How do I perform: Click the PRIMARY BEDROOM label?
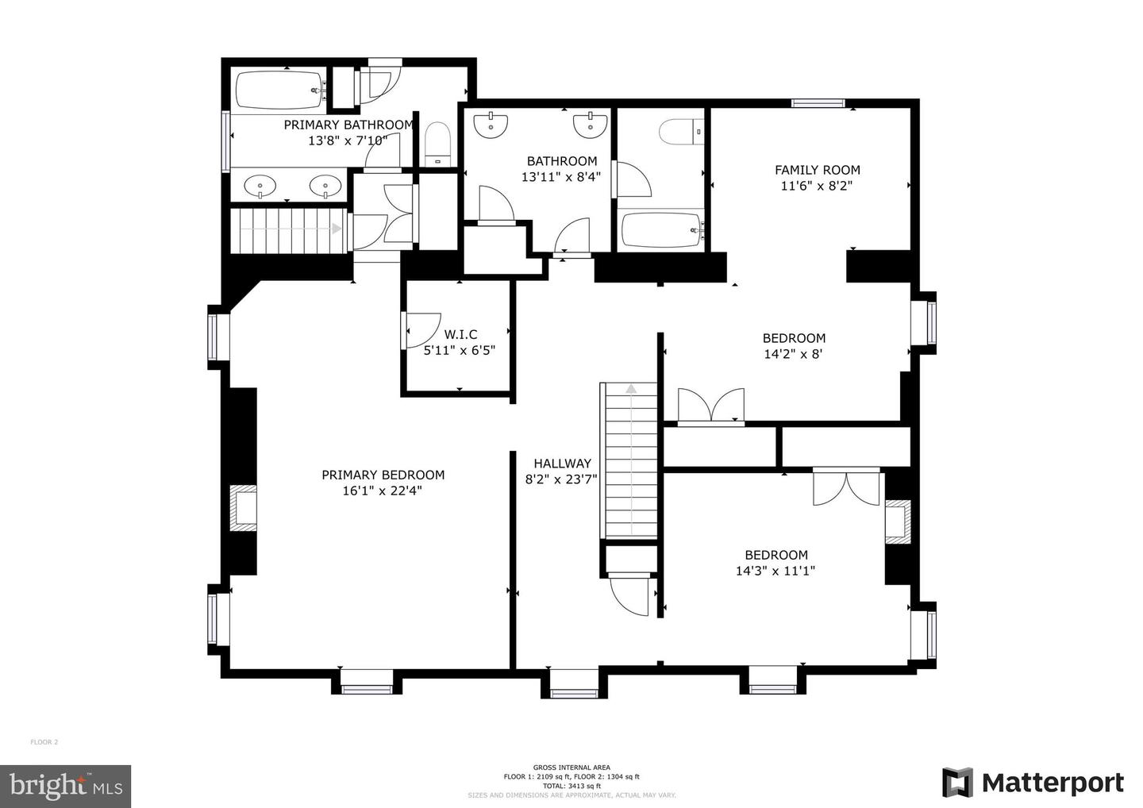[x=383, y=475]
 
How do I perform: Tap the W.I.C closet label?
[x=460, y=334]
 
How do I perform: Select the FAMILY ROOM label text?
[x=817, y=169]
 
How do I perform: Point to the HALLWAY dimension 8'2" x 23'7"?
[x=561, y=479]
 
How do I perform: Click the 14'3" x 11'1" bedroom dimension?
[x=775, y=571]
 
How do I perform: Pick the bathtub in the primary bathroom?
[x=279, y=91]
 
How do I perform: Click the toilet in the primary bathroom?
[x=437, y=143]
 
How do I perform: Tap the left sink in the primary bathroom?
[x=260, y=187]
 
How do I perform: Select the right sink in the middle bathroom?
[x=591, y=124]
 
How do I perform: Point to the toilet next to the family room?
[x=681, y=131]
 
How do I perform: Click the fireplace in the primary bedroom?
[x=243, y=508]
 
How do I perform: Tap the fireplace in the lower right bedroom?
[x=898, y=522]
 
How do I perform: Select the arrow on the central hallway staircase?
[x=631, y=389]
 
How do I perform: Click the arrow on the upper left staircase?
[x=337, y=229]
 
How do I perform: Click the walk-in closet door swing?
[x=422, y=329]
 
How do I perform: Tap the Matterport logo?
[x=1033, y=783]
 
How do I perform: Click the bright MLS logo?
[x=65, y=786]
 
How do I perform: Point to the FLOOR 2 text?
[x=44, y=742]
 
